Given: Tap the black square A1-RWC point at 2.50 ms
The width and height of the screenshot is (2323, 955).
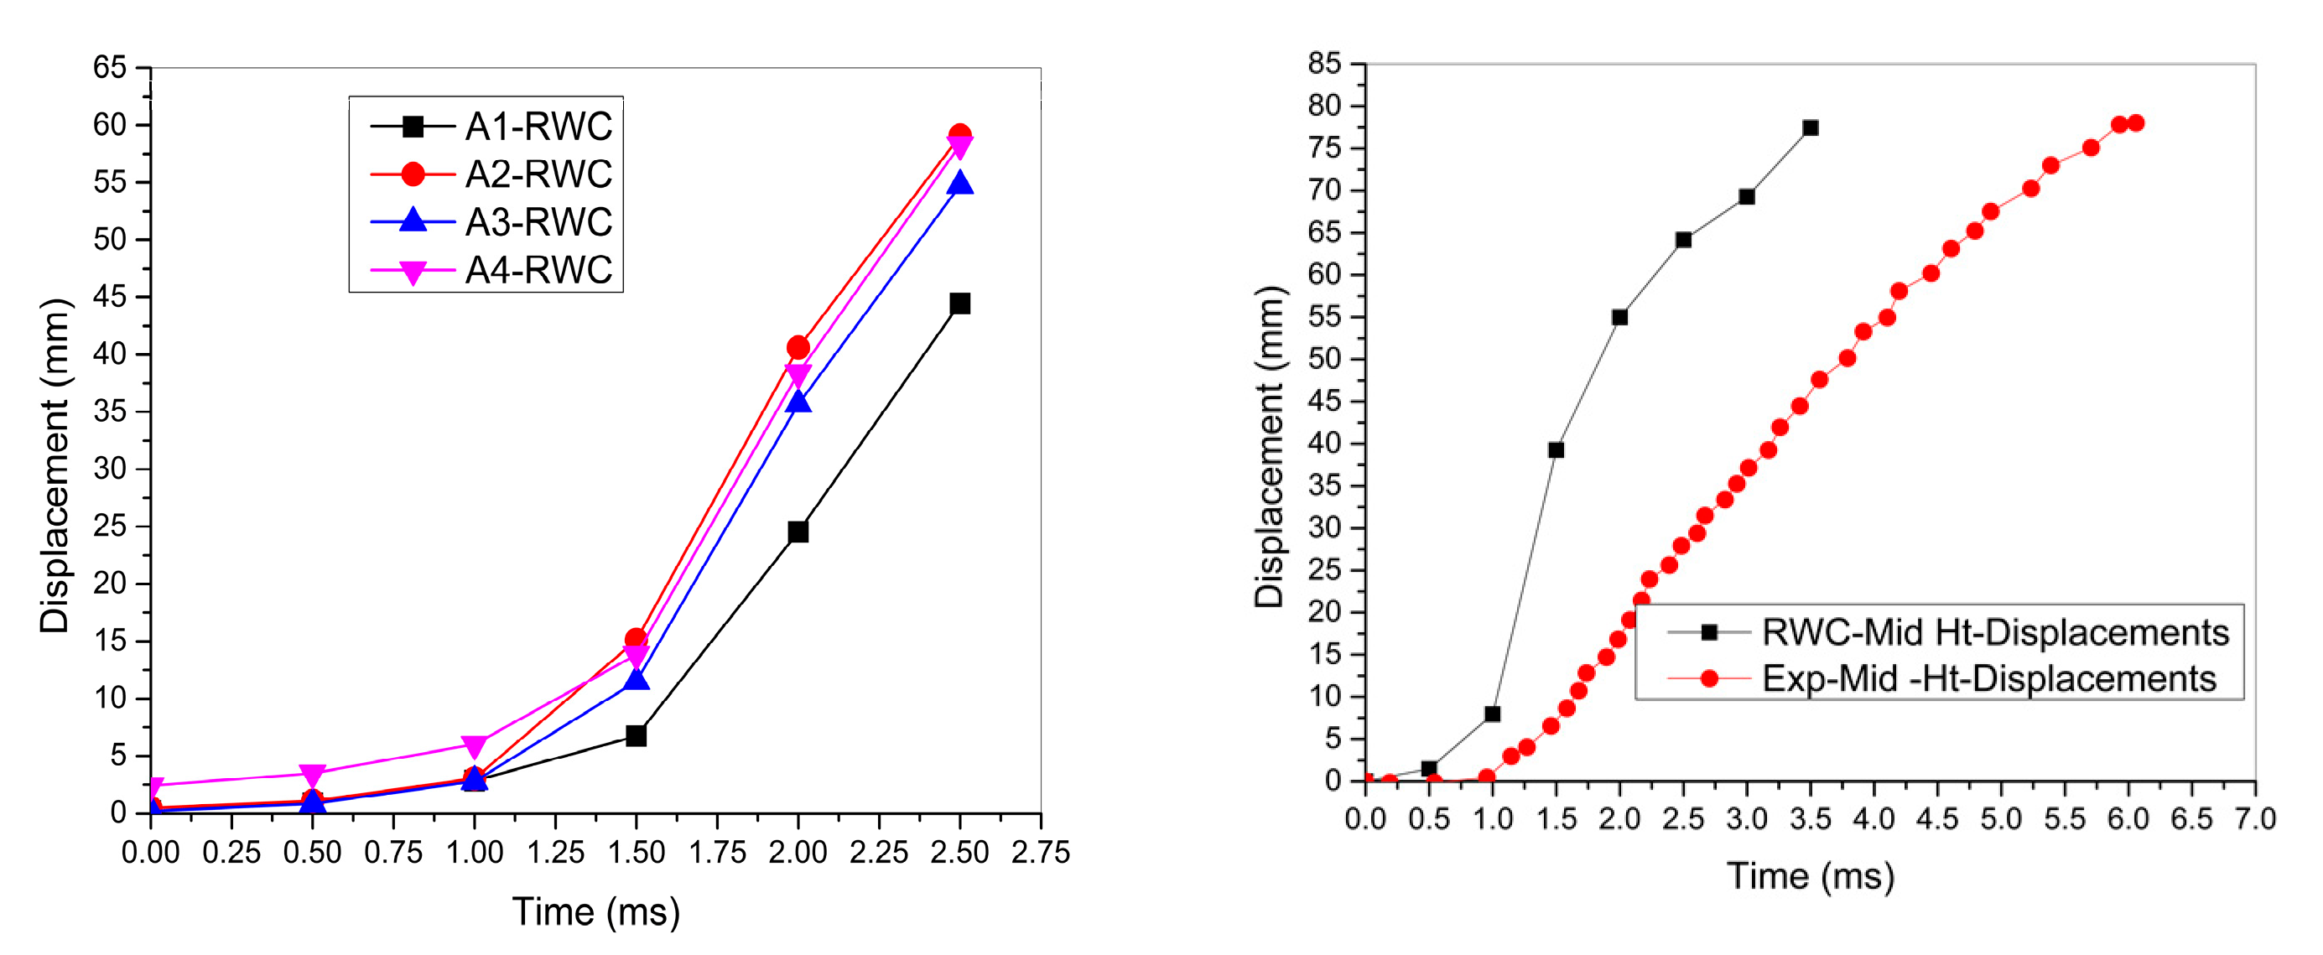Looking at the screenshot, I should [959, 304].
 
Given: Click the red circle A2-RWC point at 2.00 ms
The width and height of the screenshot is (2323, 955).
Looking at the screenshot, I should [798, 348].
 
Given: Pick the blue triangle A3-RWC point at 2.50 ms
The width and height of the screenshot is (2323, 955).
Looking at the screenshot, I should [959, 184].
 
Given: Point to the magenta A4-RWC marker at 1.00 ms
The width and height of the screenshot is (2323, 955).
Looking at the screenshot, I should [475, 745].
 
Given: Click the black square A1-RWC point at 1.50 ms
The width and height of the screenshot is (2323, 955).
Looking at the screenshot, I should [636, 736].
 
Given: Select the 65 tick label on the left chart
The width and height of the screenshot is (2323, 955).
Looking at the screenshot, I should [110, 67].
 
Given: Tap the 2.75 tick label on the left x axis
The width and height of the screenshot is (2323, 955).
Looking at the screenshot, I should [1040, 852].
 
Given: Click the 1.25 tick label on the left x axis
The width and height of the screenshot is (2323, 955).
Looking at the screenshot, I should [554, 852].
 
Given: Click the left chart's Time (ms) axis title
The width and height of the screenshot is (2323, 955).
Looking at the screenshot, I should [595, 911].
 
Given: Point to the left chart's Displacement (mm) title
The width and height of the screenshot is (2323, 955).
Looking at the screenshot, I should [55, 465].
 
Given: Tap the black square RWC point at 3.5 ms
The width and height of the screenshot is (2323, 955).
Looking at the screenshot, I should [1810, 128].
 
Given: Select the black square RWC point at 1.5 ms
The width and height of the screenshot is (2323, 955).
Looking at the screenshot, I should [1556, 450].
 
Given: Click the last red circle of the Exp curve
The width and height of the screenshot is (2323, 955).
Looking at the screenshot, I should [2134, 123].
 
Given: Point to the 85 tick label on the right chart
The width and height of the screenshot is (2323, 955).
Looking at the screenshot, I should [1324, 64].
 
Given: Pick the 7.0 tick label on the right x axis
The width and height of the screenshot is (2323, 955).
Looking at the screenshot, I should [2254, 819].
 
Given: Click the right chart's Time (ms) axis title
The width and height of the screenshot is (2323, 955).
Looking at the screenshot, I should [1810, 876].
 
